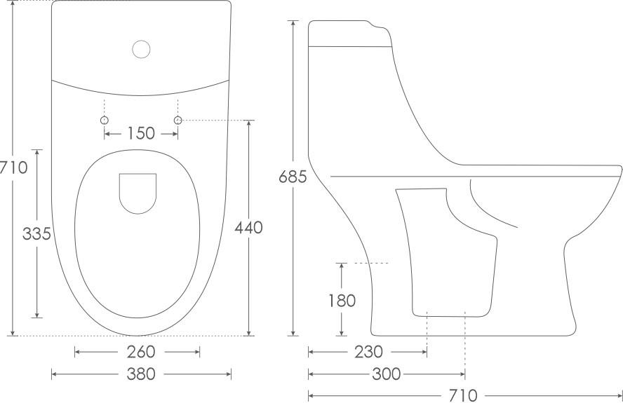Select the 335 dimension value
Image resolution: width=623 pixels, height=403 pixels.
tap(36, 234)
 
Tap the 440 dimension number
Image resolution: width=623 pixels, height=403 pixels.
tap(249, 228)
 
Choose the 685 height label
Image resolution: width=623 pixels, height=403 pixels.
tap(293, 177)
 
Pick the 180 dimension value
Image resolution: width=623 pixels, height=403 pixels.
tap(342, 301)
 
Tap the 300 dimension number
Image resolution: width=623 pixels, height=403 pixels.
tap(386, 374)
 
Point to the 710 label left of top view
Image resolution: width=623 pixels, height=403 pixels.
tap(13, 168)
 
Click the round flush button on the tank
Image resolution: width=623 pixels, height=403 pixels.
tap(142, 48)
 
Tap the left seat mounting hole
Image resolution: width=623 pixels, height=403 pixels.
tap(105, 121)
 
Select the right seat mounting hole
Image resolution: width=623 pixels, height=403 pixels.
tap(177, 121)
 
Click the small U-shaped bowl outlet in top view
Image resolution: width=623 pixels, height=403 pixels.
tap(138, 192)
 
